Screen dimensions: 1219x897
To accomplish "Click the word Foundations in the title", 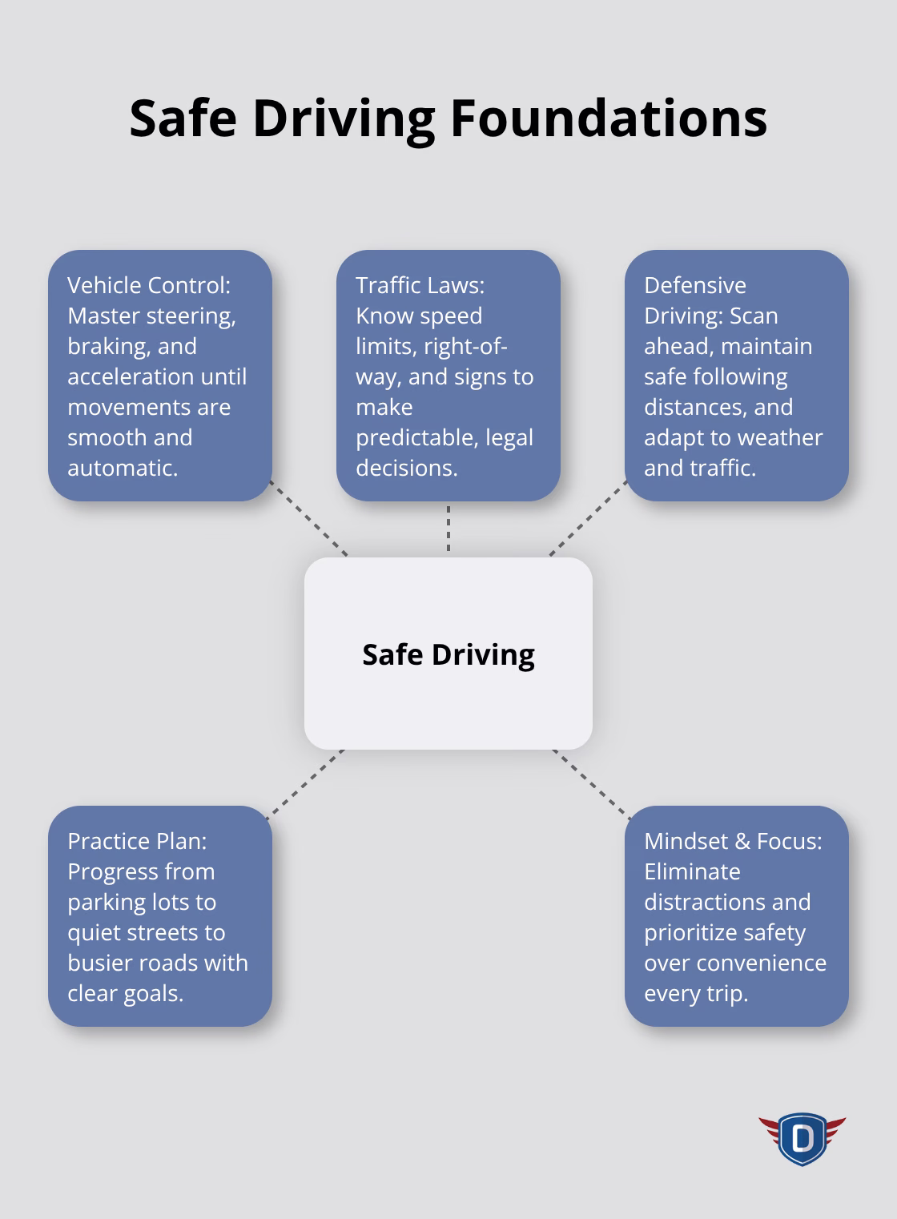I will [x=608, y=118].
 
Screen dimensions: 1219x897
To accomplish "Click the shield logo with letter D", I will [x=802, y=1137].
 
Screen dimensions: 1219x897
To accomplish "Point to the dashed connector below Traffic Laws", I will [x=448, y=529].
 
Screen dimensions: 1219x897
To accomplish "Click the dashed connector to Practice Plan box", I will [x=304, y=783].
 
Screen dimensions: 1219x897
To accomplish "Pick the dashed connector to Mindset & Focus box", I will [x=591, y=783].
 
